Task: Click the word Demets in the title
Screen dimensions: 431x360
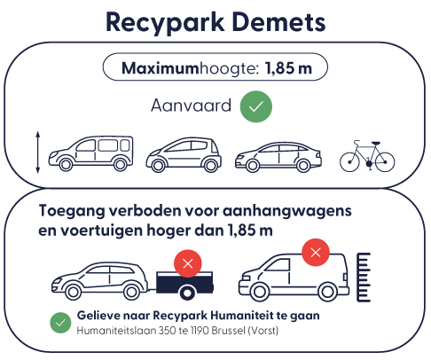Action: click(278, 22)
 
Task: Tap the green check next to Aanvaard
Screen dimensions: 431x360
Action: click(256, 106)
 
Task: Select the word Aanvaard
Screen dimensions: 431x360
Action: click(191, 106)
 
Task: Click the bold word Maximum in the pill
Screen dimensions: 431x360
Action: click(160, 68)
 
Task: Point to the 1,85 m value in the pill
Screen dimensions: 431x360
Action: click(288, 68)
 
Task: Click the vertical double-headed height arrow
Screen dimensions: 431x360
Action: click(37, 153)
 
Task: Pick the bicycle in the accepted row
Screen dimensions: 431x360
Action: click(367, 156)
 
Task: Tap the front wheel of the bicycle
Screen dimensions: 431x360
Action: click(349, 162)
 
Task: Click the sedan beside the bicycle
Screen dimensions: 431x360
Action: click(278, 157)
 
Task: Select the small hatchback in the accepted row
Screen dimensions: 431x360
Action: click(184, 154)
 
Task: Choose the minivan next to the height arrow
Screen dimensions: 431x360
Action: click(90, 153)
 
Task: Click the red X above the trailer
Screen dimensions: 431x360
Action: click(188, 263)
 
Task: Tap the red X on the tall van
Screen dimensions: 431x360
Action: click(316, 253)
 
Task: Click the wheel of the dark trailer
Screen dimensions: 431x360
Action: click(187, 293)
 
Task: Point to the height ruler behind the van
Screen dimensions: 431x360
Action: click(364, 278)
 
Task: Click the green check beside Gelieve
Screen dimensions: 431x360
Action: click(60, 323)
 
